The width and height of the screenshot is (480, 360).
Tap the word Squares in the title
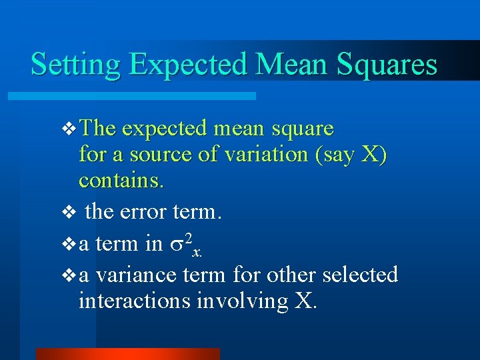[387, 64]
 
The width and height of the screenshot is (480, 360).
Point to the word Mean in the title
[293, 64]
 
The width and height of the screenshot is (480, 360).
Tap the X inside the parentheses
[370, 154]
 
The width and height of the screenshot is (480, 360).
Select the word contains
[121, 180]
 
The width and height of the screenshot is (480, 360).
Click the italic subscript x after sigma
[197, 251]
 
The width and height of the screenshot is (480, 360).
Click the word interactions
[134, 301]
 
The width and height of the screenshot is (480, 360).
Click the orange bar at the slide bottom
[127, 354]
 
